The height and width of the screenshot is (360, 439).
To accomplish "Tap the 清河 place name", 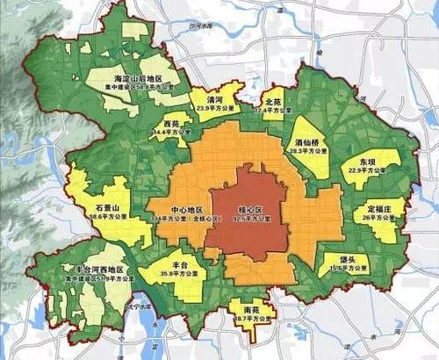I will click(x=212, y=100).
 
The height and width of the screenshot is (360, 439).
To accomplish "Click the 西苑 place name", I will click(x=173, y=124).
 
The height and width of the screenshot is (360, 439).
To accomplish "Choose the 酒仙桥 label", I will click(x=307, y=140).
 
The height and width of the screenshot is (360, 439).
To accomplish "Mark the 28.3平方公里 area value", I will click(x=307, y=150).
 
